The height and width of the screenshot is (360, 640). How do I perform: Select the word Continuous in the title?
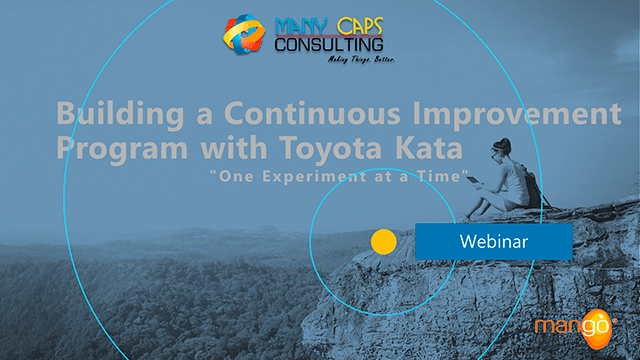coord(285,111)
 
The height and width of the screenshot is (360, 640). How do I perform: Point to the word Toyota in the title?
coord(322,150)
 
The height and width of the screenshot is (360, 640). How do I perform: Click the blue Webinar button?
coord(493,241)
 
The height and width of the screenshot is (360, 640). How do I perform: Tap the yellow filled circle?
coord(384,241)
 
